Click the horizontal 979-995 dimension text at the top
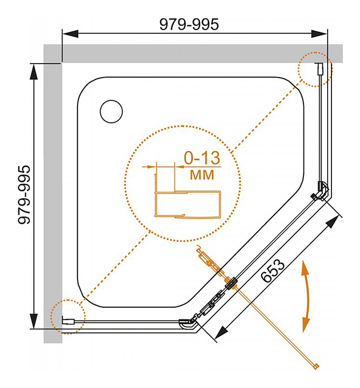[189, 24]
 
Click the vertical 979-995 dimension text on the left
[24, 195]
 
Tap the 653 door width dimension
[273, 271]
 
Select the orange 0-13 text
[202, 158]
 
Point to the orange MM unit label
[202, 175]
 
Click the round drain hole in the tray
[112, 112]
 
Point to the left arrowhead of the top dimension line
[70, 33]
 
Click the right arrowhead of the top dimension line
[319, 33]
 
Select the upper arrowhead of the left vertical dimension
[33, 72]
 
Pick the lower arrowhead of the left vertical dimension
[33, 321]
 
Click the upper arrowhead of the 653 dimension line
[333, 221]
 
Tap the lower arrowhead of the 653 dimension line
[221, 332]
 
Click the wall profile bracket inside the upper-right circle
[319, 69]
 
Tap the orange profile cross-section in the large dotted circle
[188, 196]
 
